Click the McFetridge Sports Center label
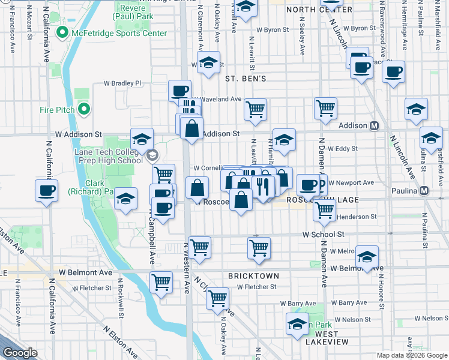coord(118,34)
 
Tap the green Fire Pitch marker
coord(84,110)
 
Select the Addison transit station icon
coord(374,126)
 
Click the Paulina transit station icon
coord(424,191)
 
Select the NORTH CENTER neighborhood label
coord(319,10)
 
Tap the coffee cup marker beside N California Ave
coord(47,191)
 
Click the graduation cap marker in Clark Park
coord(125,199)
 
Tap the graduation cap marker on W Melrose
coord(367,257)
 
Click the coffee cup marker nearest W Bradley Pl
coord(179,91)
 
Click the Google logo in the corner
coord(20,353)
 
